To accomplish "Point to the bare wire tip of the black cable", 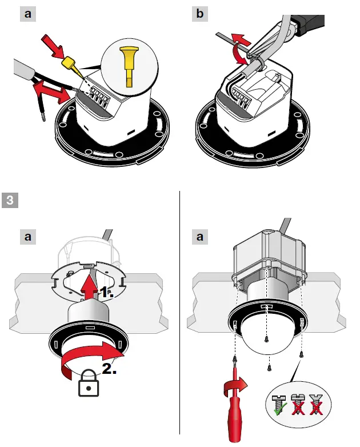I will [x=43, y=117].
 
